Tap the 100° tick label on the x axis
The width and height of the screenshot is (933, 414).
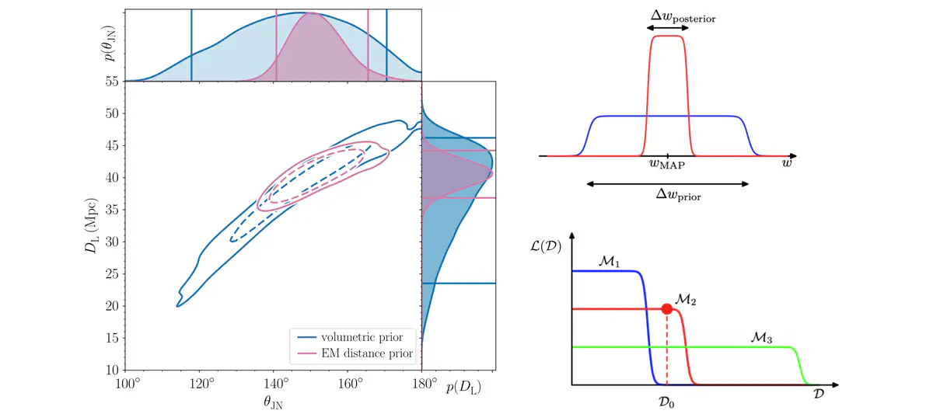coord(128,383)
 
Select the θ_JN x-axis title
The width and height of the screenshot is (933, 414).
coord(273,403)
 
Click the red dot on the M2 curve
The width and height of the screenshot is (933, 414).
coord(666,309)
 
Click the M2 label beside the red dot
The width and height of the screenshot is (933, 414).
coord(686,299)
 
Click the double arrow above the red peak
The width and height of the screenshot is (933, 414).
coord(668,27)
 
